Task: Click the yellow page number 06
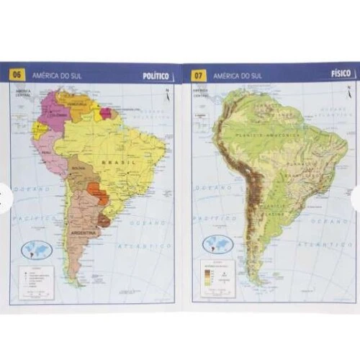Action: (17, 73)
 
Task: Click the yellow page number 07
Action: (199, 73)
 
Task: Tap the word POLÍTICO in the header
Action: (156, 74)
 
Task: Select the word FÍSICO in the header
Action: (341, 73)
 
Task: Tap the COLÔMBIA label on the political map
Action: (57, 113)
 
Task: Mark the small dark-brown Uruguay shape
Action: (104, 220)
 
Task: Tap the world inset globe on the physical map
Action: (217, 243)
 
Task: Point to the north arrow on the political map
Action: (167, 94)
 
